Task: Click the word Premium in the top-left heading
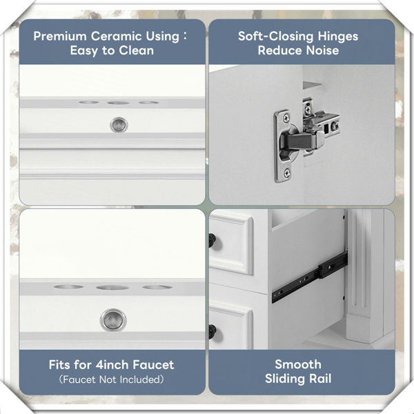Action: point(59,37)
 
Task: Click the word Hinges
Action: point(337,37)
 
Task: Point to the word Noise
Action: point(322,50)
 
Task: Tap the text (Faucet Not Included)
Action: point(111,379)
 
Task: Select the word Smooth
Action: point(298,364)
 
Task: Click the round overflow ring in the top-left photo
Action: point(119,125)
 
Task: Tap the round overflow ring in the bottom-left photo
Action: point(113,319)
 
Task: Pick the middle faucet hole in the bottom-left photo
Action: point(112,288)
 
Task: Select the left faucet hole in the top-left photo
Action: point(89,102)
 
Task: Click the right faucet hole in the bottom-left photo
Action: point(157,287)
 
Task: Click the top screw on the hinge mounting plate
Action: point(286,118)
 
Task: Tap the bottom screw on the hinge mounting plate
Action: point(287,173)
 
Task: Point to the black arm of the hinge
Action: point(298,142)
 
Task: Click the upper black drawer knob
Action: point(212,240)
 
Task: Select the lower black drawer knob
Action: point(213,332)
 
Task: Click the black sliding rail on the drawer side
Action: point(309,277)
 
